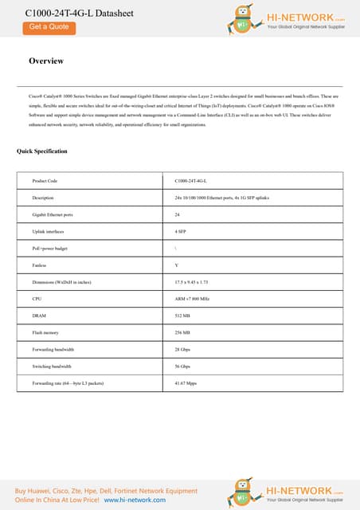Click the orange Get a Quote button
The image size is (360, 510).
coord(49,26)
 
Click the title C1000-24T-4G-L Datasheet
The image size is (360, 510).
coord(69,14)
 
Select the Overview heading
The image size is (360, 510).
coord(46,61)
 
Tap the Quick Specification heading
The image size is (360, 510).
coord(42,151)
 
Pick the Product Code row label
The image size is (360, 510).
coord(45,181)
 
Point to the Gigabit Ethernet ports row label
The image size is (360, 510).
coord(53,214)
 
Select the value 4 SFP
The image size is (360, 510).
coord(180,231)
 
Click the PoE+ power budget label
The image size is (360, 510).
coord(50,248)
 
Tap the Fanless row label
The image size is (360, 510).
coord(39,265)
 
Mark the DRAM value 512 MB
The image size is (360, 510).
coord(182,316)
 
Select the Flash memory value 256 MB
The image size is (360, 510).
coord(182,332)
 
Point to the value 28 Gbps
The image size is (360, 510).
coord(182,349)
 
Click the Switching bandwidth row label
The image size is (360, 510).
coord(52,367)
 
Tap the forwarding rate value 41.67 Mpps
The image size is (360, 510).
coord(185,383)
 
